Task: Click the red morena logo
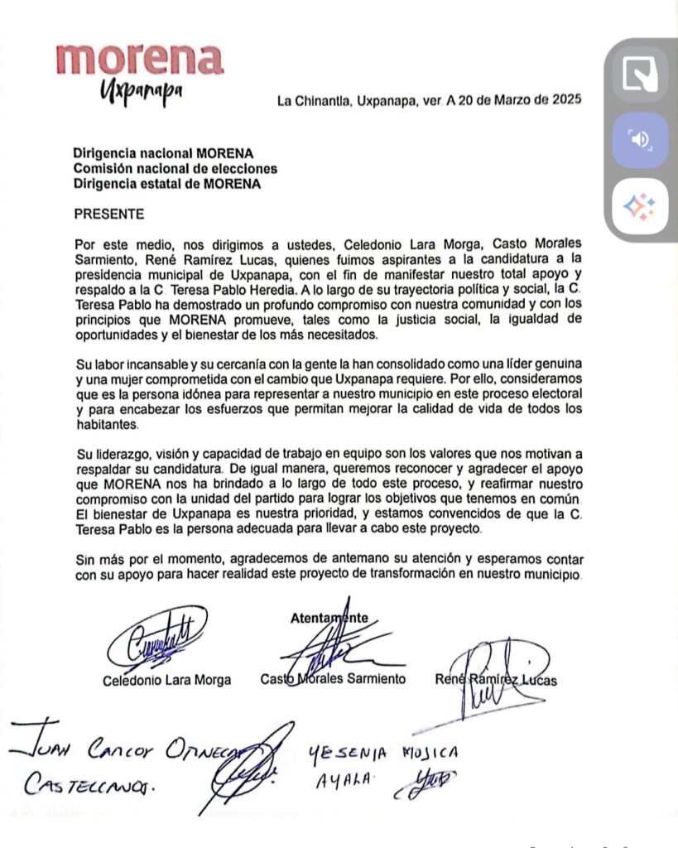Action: pyautogui.click(x=139, y=59)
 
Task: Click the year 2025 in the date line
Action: pyautogui.click(x=565, y=101)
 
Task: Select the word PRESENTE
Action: pyautogui.click(x=108, y=214)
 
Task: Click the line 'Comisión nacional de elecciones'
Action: pyautogui.click(x=175, y=169)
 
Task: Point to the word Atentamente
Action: pyautogui.click(x=329, y=617)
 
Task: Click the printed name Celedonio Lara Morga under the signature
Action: pyautogui.click(x=166, y=680)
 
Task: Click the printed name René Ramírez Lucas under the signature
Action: pyautogui.click(x=496, y=680)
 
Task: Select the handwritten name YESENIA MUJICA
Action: pyautogui.click(x=382, y=753)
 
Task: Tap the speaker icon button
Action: pyautogui.click(x=640, y=140)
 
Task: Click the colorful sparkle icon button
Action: pyautogui.click(x=640, y=206)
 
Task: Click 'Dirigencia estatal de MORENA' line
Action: pyautogui.click(x=167, y=184)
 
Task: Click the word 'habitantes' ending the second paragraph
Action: pyautogui.click(x=105, y=425)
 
